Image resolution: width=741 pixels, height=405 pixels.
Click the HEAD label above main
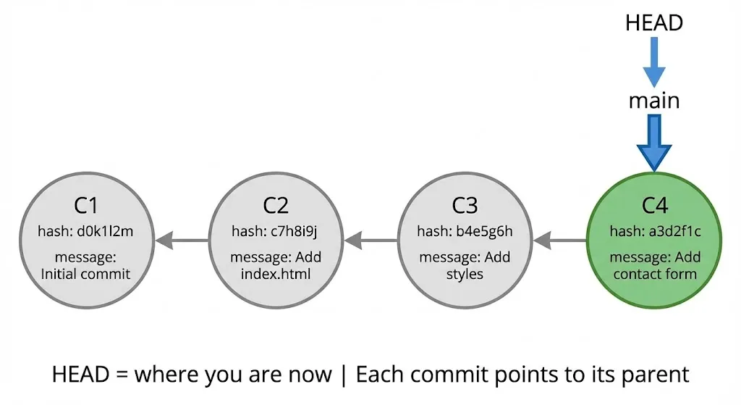pyautogui.click(x=653, y=22)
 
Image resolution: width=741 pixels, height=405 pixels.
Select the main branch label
pyautogui.click(x=653, y=100)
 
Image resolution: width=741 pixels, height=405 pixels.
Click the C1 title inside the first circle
pyautogui.click(x=85, y=205)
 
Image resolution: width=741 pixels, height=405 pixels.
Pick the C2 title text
pyautogui.click(x=276, y=205)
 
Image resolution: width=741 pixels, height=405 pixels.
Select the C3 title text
pyautogui.click(x=465, y=205)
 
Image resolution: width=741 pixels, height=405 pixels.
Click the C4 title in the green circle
pyautogui.click(x=654, y=205)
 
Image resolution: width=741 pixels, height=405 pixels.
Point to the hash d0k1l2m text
pyautogui.click(x=85, y=231)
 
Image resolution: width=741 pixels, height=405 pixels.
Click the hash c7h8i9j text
pyautogui.click(x=276, y=231)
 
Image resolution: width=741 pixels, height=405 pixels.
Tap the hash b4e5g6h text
pyautogui.click(x=465, y=231)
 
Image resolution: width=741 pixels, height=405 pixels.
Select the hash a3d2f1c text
pyautogui.click(x=654, y=231)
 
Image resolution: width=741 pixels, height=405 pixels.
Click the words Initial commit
pyautogui.click(x=85, y=274)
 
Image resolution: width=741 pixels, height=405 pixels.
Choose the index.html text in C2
pyautogui.click(x=276, y=274)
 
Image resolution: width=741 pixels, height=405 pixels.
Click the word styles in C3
pyautogui.click(x=465, y=274)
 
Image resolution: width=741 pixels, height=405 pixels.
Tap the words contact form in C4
pyautogui.click(x=654, y=274)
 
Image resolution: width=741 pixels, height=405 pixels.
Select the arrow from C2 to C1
pyautogui.click(x=181, y=239)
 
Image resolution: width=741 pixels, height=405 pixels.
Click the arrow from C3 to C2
pyautogui.click(x=370, y=239)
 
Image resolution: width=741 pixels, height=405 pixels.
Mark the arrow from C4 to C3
pyautogui.click(x=559, y=239)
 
